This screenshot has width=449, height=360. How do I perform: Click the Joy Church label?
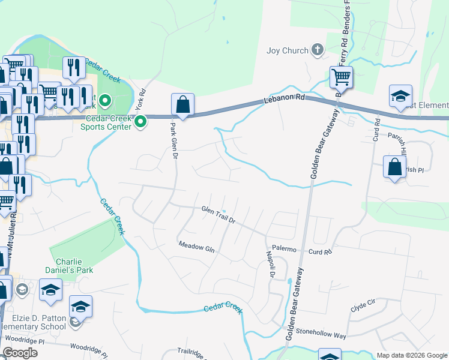287,51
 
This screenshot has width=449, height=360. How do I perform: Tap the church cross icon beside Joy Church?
318,50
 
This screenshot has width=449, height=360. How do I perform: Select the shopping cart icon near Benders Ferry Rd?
340,77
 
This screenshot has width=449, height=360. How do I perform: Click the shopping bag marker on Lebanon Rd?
182,105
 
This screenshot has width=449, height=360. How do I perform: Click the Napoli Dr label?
270,264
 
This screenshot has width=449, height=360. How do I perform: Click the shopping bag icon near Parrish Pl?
394,168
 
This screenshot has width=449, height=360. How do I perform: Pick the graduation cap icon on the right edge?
400,96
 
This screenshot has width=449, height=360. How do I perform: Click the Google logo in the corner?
20,353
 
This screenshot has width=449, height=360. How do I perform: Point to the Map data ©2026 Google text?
411,355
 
